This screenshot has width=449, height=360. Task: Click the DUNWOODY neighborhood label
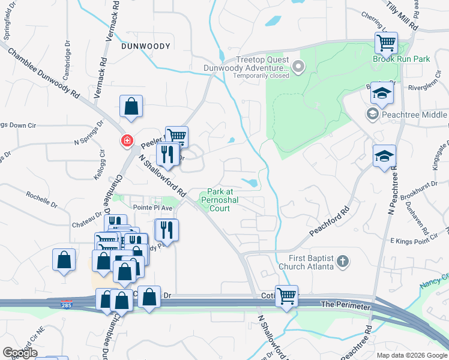click(146, 46)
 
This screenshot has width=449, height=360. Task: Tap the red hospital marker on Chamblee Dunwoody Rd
click(127, 141)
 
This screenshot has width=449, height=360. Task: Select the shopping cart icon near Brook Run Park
click(386, 43)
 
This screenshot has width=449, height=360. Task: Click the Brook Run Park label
click(409, 59)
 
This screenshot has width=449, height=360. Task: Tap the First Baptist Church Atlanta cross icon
click(343, 262)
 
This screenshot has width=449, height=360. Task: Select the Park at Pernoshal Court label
click(218, 199)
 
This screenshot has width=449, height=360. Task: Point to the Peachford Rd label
click(330, 223)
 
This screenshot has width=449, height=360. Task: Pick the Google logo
click(20, 353)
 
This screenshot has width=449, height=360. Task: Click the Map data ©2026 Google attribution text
click(411, 355)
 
